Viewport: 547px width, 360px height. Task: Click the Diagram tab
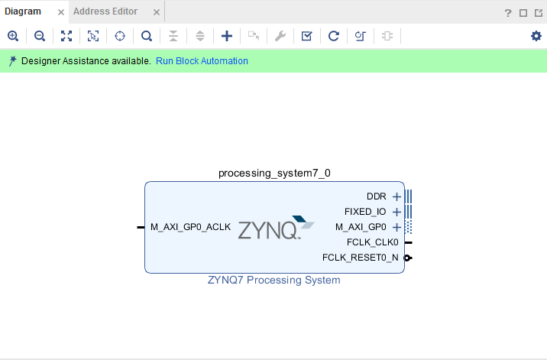(23, 11)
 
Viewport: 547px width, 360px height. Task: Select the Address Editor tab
(105, 11)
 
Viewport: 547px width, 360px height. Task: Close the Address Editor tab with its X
(157, 12)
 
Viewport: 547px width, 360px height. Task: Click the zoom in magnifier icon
(13, 36)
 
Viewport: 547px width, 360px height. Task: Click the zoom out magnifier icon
(40, 36)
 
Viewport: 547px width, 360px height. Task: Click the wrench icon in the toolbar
(280, 36)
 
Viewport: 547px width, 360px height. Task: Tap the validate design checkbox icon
(306, 36)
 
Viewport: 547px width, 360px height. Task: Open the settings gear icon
(536, 36)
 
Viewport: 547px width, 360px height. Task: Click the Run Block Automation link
(202, 61)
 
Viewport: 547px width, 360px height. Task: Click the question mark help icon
(508, 13)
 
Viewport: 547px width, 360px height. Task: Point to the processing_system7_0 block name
(274, 173)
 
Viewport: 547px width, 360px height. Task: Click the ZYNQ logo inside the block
(276, 229)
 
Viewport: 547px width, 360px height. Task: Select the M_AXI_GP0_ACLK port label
(190, 227)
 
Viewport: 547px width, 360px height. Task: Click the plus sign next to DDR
(396, 196)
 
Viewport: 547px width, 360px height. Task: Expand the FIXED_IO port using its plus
(396, 212)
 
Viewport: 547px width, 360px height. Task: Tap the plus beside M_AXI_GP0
(396, 227)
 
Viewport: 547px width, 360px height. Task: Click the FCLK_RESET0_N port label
(361, 258)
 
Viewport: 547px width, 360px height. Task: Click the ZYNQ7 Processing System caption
(274, 281)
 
